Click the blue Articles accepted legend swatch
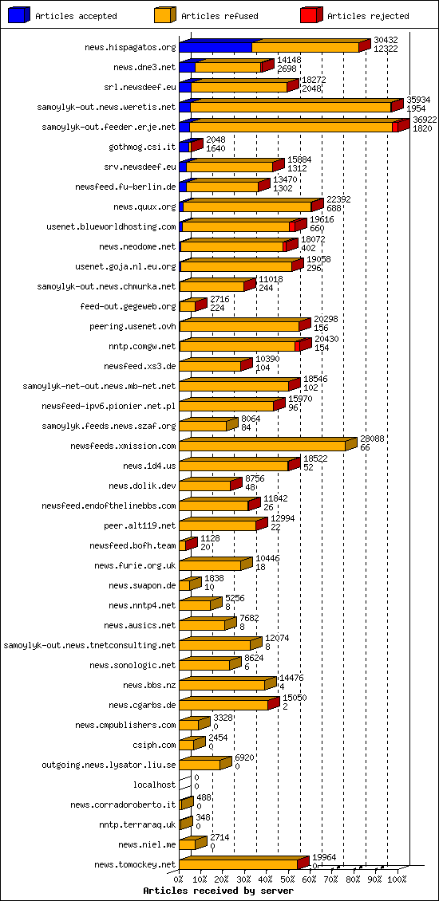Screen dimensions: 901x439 click(x=19, y=15)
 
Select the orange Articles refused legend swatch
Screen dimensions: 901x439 click(x=165, y=15)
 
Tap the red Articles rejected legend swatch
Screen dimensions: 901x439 click(x=311, y=15)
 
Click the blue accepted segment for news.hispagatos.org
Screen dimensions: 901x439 click(x=216, y=47)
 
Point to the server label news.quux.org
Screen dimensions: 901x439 click(x=144, y=207)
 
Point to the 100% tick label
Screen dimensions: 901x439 click(x=397, y=879)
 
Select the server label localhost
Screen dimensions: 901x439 click(x=154, y=785)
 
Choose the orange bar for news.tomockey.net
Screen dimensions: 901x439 click(x=238, y=864)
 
